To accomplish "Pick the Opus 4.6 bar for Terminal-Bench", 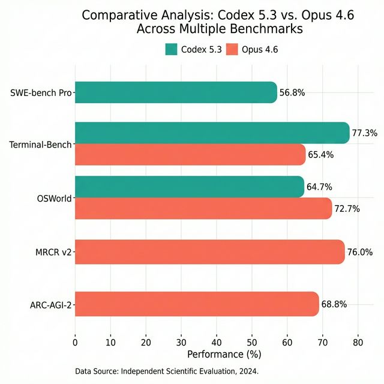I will click(190, 155).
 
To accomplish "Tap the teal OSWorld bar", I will click(189, 187).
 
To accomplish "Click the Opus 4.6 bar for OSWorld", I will click(203, 208).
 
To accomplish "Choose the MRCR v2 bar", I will click(209, 251).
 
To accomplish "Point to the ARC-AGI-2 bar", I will click(196, 304).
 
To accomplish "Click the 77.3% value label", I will click(364, 133).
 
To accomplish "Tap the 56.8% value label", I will click(292, 93).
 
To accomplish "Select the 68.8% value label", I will click(334, 304).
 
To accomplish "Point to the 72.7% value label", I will click(347, 209).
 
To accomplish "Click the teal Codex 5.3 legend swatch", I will click(171, 49).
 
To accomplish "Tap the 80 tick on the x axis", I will click(358, 343).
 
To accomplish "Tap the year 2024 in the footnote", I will click(247, 372).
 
